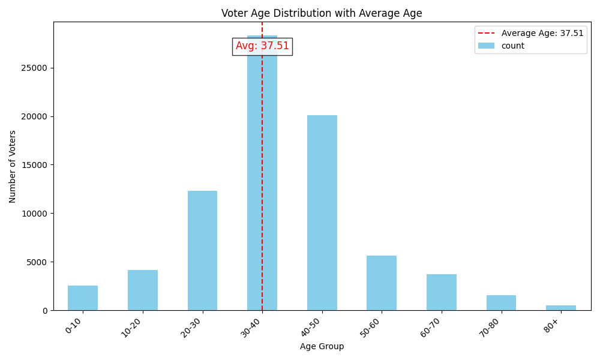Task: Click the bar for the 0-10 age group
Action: [83, 298]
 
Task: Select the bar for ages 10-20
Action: [143, 290]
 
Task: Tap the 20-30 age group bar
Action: [202, 251]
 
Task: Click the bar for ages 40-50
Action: [322, 213]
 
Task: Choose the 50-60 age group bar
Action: [382, 283]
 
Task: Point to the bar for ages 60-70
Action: [442, 292]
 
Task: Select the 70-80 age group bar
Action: [501, 303]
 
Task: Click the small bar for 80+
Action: [561, 308]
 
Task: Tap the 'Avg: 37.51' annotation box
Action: [262, 46]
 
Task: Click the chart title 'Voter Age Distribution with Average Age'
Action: [322, 13]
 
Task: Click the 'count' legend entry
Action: [512, 46]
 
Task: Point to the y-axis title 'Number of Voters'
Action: [13, 166]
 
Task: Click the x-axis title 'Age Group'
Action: [322, 347]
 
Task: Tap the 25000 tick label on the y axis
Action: [35, 68]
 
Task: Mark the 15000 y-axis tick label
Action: [35, 165]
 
